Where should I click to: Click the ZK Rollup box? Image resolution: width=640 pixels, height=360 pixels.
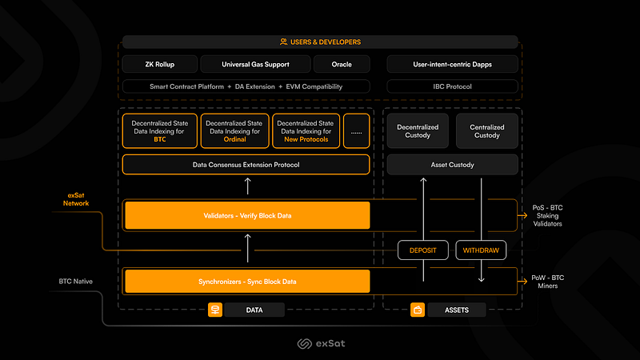point(159,64)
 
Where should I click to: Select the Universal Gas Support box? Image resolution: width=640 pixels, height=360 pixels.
point(255,64)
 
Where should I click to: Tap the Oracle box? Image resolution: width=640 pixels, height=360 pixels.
point(342,64)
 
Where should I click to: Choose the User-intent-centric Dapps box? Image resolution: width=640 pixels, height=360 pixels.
point(452,64)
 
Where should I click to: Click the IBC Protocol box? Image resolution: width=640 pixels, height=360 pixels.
point(452,86)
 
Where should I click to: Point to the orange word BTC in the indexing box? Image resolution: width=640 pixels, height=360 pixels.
point(160,139)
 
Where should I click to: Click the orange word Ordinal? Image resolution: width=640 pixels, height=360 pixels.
point(234,139)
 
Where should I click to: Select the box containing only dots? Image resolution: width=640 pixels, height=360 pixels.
point(356,130)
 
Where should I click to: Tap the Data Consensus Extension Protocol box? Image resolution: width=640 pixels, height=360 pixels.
point(246,165)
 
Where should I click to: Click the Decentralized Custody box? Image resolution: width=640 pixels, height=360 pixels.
point(418,131)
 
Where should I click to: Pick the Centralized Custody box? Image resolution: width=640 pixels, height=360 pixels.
point(487,131)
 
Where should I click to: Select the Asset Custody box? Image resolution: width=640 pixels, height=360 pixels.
point(452,165)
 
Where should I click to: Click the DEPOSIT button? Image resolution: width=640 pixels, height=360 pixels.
point(423,250)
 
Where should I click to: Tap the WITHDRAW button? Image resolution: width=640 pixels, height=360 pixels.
point(481,250)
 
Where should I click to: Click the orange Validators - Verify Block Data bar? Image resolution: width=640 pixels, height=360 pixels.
point(247,215)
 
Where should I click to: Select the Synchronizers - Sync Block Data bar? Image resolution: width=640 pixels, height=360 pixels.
point(247,282)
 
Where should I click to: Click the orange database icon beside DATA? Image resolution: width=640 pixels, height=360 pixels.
point(215,310)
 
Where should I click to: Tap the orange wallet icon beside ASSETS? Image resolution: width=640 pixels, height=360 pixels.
point(418,310)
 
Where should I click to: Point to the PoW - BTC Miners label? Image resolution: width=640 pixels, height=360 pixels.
point(547,282)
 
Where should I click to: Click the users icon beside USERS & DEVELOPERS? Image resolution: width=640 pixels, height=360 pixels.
point(284,42)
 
